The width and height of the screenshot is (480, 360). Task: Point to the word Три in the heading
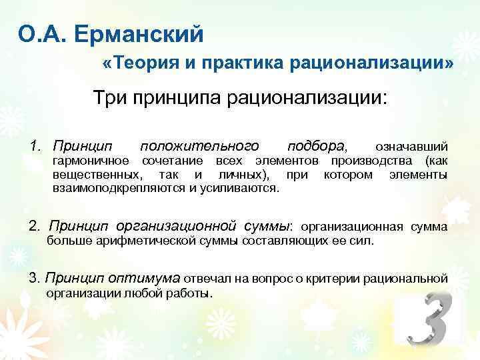point(111,99)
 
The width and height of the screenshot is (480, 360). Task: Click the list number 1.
point(35,146)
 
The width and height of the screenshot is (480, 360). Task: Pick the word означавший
point(411,147)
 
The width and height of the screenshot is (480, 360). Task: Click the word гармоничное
point(91,161)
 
